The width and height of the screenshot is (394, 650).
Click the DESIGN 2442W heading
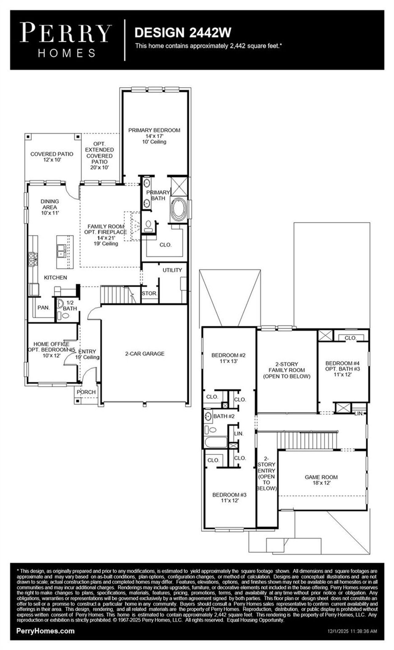[183, 33]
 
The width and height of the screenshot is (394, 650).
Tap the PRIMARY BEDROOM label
[154, 130]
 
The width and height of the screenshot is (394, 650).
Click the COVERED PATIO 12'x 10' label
[52, 157]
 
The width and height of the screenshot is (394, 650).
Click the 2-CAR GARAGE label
[145, 354]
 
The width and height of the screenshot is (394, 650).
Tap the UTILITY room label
[172, 270]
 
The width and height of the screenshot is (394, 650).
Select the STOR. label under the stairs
[149, 293]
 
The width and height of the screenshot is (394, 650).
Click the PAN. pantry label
[43, 307]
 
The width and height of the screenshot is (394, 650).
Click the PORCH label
[86, 392]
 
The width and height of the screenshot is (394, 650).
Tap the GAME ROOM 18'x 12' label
[321, 480]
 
